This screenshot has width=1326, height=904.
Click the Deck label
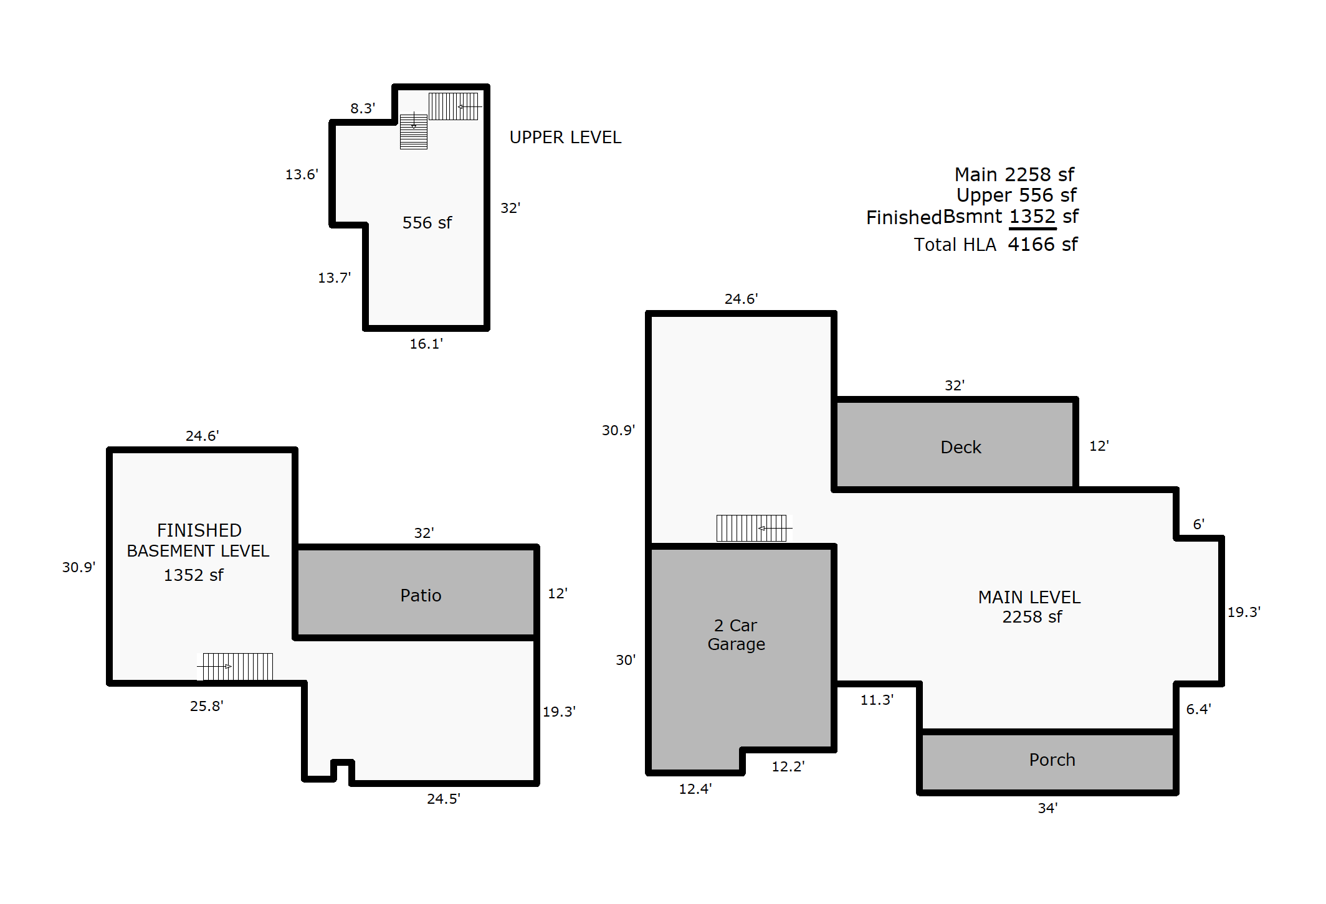coord(960,447)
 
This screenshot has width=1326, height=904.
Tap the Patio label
coord(421,595)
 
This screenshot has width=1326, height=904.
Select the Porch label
coord(1052,760)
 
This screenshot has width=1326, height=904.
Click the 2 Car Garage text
coord(736,634)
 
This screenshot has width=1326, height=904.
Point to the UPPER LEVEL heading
coord(565,137)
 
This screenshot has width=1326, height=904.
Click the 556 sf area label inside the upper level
coord(427,222)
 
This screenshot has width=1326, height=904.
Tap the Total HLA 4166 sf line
coord(996,244)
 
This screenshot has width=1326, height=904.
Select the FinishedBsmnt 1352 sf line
coord(972,217)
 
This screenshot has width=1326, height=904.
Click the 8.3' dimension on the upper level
coord(363,108)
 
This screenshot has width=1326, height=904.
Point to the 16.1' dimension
coord(426,344)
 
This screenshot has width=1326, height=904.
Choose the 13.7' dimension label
coord(335,278)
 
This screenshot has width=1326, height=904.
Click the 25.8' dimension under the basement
coord(207,706)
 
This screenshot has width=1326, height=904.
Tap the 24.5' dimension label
coord(444,799)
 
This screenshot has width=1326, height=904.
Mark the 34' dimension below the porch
coord(1047,808)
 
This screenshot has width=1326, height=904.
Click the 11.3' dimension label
coord(877,700)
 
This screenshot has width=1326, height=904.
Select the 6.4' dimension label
coord(1198,709)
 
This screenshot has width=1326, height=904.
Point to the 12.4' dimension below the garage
coord(695,789)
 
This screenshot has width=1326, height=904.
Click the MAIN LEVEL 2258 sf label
coord(1029,606)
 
